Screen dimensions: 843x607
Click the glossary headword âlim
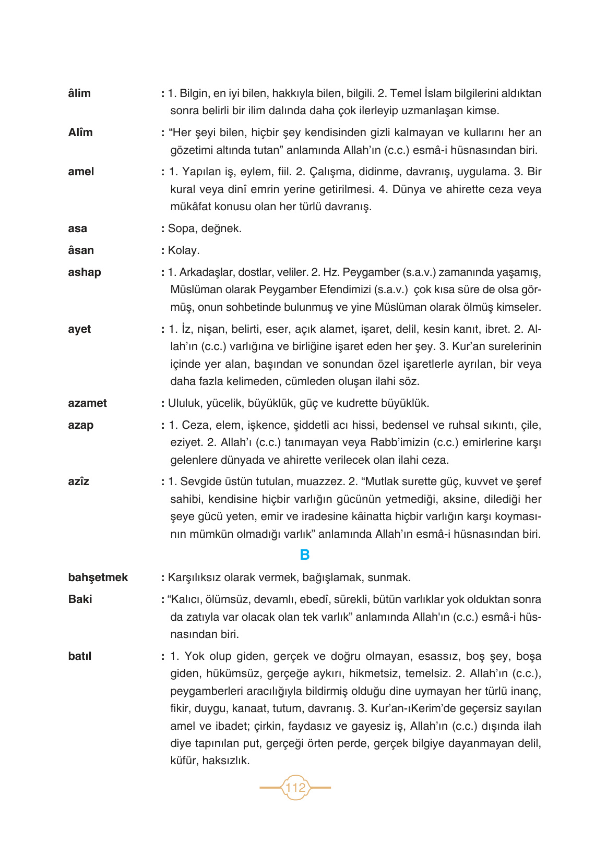pyautogui.click(x=79, y=93)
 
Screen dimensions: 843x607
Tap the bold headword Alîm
pyautogui.click(x=80, y=133)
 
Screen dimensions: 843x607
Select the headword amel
pyautogui.click(x=81, y=172)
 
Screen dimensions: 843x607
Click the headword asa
pyautogui.click(x=77, y=228)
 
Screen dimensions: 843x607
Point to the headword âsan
pyautogui.click(x=81, y=250)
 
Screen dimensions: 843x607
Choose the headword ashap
pyautogui.click(x=85, y=272)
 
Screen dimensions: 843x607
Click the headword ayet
pyautogui.click(x=79, y=329)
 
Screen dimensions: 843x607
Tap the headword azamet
pyautogui.click(x=87, y=403)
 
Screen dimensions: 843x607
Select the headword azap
pyautogui.click(x=81, y=425)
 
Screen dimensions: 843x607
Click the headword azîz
pyautogui.click(x=79, y=481)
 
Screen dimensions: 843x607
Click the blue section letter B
pyautogui.click(x=305, y=555)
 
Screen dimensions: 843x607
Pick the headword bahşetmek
pyautogui.click(x=98, y=577)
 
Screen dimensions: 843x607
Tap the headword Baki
pyautogui.click(x=80, y=599)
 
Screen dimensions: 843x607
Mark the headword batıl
pyautogui.click(x=80, y=656)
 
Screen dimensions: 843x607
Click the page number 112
pyautogui.click(x=295, y=787)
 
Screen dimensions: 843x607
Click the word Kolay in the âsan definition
pyautogui.click(x=183, y=250)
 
